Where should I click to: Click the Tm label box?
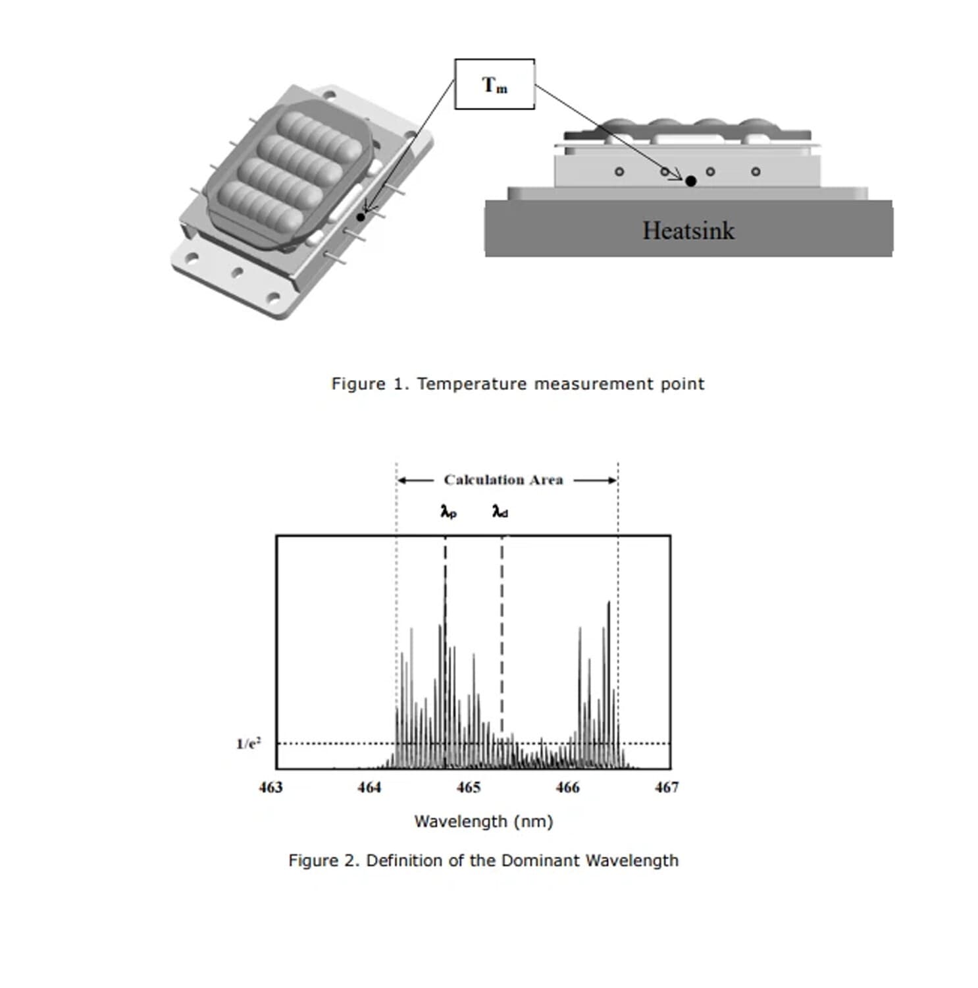coord(494,84)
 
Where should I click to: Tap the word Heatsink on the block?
coord(688,231)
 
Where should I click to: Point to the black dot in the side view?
coord(690,181)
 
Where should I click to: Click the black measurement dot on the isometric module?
coord(361,217)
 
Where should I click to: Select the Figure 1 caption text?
coord(517,384)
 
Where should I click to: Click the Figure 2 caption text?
coord(483,860)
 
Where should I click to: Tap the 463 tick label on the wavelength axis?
coord(270,787)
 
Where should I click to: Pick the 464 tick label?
coord(369,787)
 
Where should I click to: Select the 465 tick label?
coord(469,787)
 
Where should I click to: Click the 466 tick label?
coord(567,787)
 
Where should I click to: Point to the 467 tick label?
coord(667,787)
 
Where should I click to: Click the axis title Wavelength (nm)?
coord(483,821)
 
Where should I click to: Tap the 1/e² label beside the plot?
coord(249,744)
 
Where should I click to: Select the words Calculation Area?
coord(503,480)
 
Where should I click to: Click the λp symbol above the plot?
coord(448,511)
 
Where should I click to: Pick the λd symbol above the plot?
coord(500,511)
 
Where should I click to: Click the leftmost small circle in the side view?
coord(619,172)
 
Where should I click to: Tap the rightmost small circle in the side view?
coord(756,172)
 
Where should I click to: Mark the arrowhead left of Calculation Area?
coord(402,480)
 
